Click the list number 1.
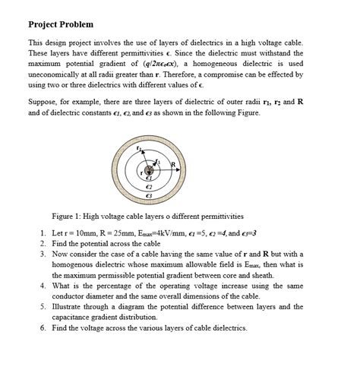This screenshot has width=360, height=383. (x=42, y=229)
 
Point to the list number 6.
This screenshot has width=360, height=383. (x=42, y=328)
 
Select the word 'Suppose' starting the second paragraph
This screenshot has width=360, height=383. (x=43, y=102)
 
